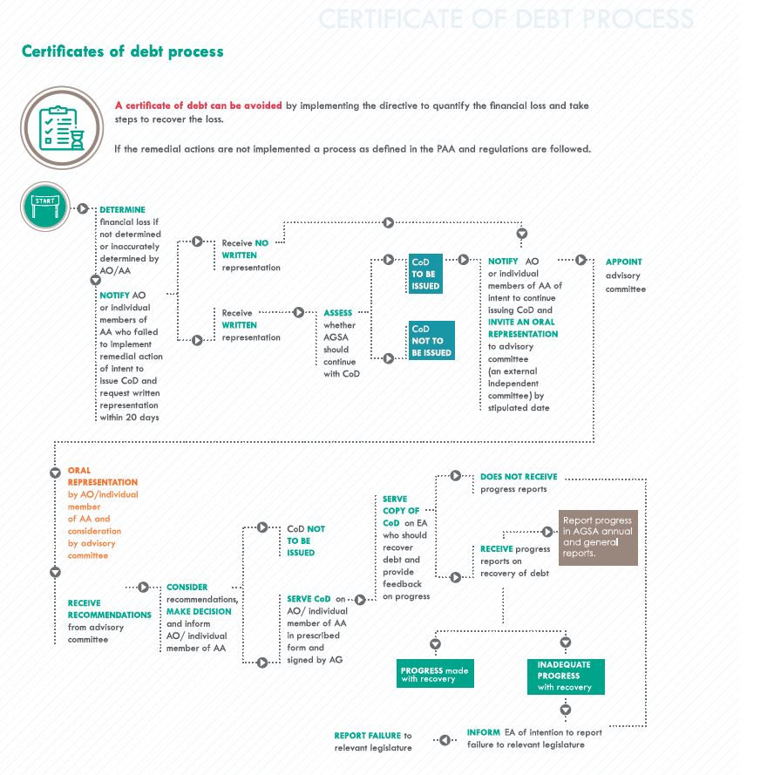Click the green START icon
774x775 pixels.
point(45,207)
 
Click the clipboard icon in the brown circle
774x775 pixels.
point(58,126)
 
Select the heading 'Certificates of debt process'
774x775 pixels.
point(122,51)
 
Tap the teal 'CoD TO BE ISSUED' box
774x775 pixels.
point(426,274)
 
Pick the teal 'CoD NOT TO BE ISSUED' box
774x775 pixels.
point(431,341)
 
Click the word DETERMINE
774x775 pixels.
point(122,210)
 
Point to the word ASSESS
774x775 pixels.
point(338,313)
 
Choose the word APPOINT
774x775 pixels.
point(624,262)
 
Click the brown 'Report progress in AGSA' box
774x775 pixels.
point(598,537)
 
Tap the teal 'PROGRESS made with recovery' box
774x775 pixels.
point(435,674)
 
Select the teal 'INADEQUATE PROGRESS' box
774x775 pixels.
point(565,676)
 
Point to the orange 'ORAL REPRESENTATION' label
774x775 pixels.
point(103,476)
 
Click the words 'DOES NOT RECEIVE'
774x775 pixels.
point(519,477)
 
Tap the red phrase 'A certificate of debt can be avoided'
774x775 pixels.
point(199,105)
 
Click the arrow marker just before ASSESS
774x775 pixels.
point(299,311)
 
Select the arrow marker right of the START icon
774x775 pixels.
point(83,208)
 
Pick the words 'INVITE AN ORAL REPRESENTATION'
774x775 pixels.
point(523,328)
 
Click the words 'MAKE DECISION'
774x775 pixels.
point(200,612)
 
